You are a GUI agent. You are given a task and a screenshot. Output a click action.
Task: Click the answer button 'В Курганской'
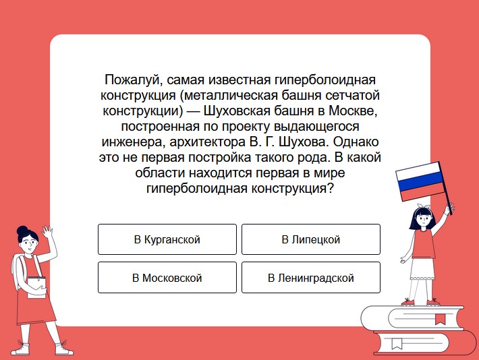tap(167, 239)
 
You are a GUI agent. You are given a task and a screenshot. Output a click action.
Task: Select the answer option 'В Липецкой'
tap(311, 239)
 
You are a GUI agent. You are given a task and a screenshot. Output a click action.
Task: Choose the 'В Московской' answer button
tap(167, 278)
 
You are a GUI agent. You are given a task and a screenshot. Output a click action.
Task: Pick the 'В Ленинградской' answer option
tap(311, 278)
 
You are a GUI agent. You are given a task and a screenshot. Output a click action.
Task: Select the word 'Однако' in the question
tap(356, 142)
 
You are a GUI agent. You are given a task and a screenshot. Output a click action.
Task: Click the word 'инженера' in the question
tap(134, 142)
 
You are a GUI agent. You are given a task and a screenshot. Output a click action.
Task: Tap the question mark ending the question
tap(329, 188)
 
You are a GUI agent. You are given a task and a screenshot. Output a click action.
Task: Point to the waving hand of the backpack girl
tap(47, 232)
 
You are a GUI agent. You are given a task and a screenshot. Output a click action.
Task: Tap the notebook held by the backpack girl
tap(36, 287)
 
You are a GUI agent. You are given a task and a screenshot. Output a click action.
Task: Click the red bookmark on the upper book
tap(440, 319)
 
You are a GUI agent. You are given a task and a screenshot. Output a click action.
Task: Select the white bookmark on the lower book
tap(397, 344)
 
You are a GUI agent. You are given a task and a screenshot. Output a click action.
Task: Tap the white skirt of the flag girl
tap(422, 268)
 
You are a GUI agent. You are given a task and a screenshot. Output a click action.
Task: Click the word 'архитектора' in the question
tap(207, 142)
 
